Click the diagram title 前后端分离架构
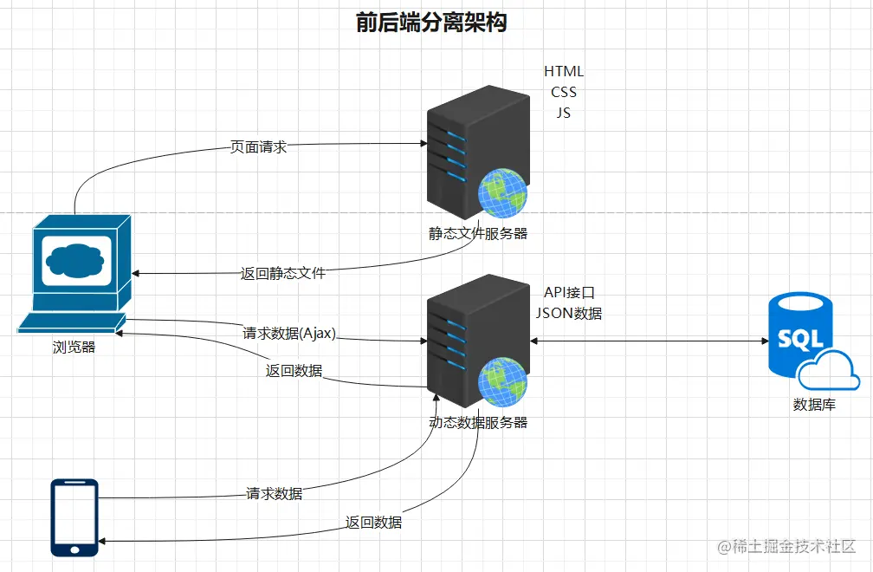pos(431,23)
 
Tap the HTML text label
pos(564,71)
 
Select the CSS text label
pos(564,92)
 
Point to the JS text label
pos(564,113)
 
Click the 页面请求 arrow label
pos(258,147)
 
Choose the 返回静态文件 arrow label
pos(283,273)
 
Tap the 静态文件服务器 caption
pos(478,233)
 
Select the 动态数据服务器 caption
pos(478,422)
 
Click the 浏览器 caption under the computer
pos(74,348)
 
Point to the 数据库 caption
pos(814,404)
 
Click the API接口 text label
pos(569,293)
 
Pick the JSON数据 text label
pos(569,313)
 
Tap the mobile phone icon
pos(74,517)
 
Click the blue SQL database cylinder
pos(799,334)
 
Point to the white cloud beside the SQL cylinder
pos(829,370)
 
